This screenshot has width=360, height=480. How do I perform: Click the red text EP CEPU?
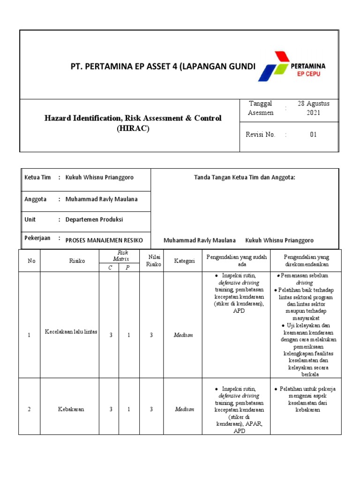point(307,74)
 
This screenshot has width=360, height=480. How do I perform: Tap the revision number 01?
point(313,135)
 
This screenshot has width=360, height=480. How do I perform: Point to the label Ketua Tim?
point(37,178)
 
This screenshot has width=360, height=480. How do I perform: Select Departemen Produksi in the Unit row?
point(94,219)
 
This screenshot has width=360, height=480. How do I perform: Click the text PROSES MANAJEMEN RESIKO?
point(104,240)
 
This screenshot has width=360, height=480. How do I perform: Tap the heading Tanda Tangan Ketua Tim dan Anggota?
point(244,178)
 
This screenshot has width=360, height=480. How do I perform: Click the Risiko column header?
point(77,261)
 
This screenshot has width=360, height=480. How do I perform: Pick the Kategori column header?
point(184,261)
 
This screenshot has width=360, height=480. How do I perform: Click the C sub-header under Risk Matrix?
point(109,267)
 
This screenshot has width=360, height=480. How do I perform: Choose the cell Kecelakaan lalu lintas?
point(71,332)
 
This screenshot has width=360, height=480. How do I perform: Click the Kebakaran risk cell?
point(71,409)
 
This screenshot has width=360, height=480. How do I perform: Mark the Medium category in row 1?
point(183,335)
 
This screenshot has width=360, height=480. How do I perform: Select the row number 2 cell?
point(29,409)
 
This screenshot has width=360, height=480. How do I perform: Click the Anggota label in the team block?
point(36,199)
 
